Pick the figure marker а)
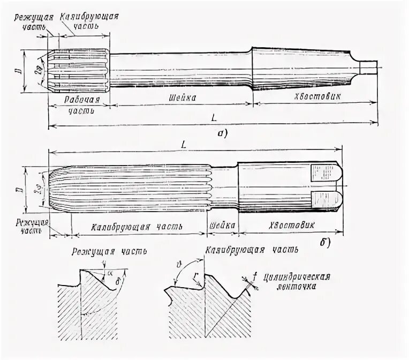221,134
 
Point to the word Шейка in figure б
221,225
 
